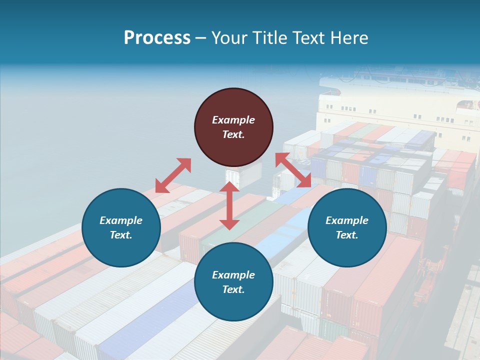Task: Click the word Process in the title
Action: tap(157, 38)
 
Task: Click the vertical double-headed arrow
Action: tap(229, 205)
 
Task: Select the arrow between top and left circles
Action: tap(173, 175)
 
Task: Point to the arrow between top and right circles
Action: tap(293, 170)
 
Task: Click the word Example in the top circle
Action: tap(233, 120)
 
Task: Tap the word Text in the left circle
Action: tap(121, 235)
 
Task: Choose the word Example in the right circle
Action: tap(347, 220)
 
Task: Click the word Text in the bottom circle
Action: tap(233, 289)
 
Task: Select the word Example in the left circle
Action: tap(121, 220)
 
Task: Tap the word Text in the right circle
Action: tap(347, 235)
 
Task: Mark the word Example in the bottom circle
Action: tap(233, 275)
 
